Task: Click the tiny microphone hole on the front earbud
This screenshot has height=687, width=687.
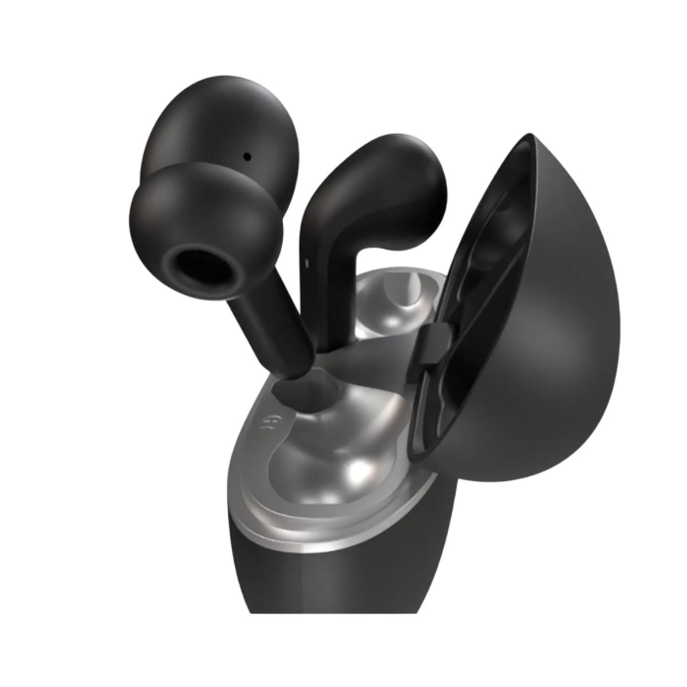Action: coord(247,155)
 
